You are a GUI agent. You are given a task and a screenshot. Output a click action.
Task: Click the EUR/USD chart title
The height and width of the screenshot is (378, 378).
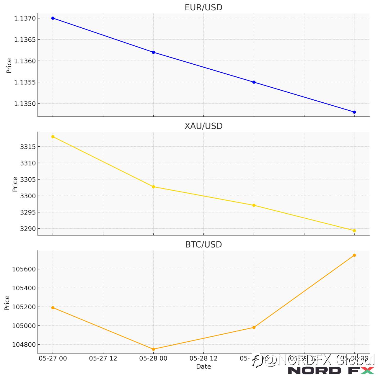(203, 7)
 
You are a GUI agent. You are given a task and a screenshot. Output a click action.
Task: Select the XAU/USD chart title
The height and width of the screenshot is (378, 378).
(203, 126)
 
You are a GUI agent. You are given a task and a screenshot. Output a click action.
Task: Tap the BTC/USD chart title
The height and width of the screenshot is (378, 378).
(203, 245)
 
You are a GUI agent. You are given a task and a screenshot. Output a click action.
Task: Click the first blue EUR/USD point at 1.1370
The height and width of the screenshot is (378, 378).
(53, 18)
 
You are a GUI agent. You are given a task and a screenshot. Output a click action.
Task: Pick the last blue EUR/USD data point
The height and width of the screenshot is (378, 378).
(354, 112)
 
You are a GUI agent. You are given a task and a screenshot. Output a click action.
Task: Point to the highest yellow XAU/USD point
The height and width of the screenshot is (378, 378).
(53, 137)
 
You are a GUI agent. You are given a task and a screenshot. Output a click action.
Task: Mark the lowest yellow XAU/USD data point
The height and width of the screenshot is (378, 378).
(354, 231)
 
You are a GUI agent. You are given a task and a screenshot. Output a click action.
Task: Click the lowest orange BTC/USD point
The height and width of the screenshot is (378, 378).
(153, 349)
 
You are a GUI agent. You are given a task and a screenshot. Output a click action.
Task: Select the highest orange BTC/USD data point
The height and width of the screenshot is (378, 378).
(354, 255)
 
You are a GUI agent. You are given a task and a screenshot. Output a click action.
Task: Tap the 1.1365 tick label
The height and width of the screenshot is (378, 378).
(25, 40)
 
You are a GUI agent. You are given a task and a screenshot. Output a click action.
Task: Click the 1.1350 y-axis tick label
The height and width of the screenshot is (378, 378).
(25, 104)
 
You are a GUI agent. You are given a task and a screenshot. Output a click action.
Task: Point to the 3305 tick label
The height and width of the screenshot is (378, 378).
(28, 180)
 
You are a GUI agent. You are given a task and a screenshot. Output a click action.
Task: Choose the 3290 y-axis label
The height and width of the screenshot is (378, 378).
(28, 229)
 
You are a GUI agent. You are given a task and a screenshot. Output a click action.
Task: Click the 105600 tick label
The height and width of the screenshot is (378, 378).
(24, 269)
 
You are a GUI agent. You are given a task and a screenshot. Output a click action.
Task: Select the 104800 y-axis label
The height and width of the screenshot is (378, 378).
(24, 345)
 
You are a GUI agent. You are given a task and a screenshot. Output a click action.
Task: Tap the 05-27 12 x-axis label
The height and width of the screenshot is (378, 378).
(103, 359)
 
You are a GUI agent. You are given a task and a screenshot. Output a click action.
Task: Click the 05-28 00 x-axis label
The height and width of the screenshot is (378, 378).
(153, 359)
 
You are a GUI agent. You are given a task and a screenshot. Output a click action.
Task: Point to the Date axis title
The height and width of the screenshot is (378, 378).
(203, 367)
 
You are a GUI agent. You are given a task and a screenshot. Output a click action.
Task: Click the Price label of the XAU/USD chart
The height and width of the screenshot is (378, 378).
(15, 184)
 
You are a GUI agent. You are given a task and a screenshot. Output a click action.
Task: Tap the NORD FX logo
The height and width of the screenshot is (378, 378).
(331, 371)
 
